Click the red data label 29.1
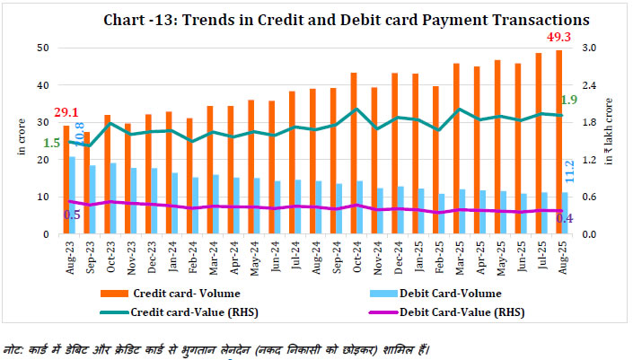tap(66, 112)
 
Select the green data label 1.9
tap(569, 100)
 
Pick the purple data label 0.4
tap(564, 218)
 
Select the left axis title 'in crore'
tap(21, 142)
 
